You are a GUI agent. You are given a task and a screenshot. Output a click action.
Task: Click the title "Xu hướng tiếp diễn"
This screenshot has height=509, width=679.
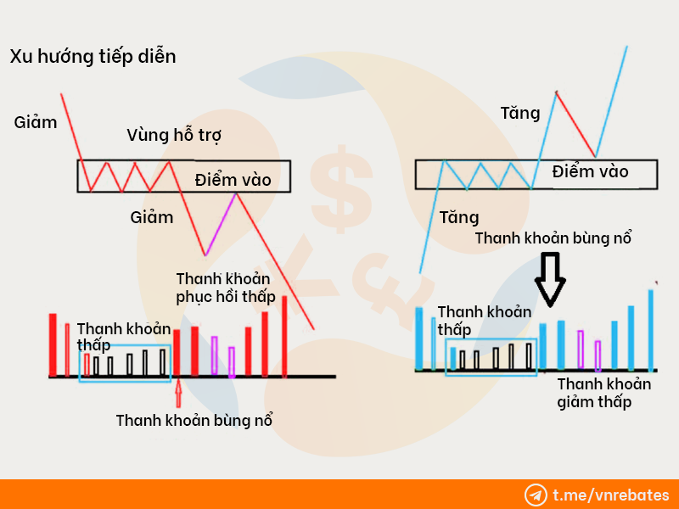point(93,57)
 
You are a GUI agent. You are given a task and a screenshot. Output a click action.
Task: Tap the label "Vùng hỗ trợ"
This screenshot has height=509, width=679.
point(174,136)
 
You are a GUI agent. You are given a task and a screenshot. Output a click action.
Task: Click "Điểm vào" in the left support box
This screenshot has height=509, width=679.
point(233,180)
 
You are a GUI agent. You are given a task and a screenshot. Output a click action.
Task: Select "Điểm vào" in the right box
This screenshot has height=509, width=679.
point(590,171)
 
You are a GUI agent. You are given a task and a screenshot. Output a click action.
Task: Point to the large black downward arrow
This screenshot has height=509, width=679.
point(550,279)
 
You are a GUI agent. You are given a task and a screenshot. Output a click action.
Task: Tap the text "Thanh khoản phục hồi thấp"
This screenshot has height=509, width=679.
point(225,288)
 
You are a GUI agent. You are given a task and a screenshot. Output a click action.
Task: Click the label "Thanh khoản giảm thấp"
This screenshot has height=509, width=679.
point(603,393)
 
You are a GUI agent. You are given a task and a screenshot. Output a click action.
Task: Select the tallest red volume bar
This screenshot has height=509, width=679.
point(284,336)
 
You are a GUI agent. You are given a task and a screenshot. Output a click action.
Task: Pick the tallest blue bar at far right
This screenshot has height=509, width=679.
point(650,330)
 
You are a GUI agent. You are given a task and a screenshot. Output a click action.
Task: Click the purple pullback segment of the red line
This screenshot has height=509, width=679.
point(221,224)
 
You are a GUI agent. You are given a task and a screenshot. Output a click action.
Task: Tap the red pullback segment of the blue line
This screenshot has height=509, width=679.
point(576,124)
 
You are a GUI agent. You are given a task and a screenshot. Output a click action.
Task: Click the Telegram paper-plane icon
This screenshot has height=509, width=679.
point(536,495)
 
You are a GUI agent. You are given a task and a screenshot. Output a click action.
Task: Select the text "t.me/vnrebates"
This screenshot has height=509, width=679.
point(611,495)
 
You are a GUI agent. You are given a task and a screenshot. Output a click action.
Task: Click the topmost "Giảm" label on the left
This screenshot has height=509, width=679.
point(36,122)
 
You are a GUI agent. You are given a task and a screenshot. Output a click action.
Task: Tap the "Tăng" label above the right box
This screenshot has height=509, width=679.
point(520,114)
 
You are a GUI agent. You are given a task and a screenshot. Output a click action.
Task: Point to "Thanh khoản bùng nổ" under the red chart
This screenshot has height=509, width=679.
point(194,420)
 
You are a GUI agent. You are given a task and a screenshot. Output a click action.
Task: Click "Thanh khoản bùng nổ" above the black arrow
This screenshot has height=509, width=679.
point(553,238)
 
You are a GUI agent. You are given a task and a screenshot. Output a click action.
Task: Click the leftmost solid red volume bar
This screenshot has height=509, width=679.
point(53,345)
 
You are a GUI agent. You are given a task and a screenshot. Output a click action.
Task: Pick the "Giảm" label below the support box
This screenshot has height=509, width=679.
point(152,217)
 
